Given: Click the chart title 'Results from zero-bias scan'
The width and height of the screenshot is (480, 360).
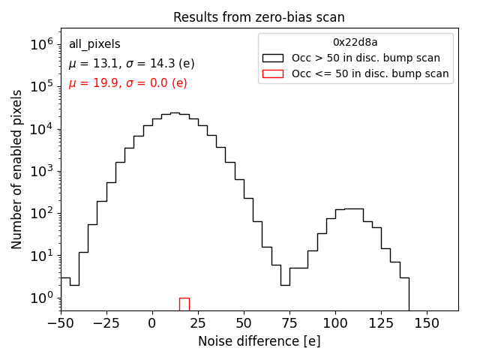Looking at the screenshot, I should click(259, 17).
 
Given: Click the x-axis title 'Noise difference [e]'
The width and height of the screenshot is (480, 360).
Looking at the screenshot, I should click(259, 341).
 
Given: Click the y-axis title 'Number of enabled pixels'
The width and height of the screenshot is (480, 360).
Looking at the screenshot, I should click(16, 169).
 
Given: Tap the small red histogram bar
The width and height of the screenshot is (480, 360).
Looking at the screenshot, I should click(184, 304).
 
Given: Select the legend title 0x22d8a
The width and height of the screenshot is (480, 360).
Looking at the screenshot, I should click(355, 43).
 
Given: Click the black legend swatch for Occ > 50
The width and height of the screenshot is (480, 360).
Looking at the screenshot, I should click(272, 58).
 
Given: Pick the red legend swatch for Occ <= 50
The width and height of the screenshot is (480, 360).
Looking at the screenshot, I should click(272, 73).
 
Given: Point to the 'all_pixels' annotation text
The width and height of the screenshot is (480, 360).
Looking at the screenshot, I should click(94, 44).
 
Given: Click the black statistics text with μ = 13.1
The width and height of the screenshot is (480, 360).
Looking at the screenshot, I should click(131, 64).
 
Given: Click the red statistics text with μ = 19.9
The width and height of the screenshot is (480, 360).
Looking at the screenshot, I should click(127, 83).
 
